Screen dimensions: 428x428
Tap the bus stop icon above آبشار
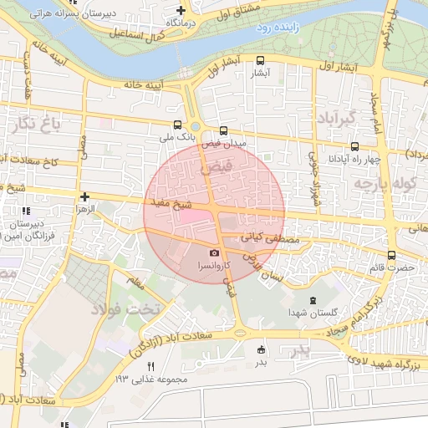(261, 60)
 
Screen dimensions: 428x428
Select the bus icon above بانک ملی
(176, 124)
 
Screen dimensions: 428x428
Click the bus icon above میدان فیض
(222, 130)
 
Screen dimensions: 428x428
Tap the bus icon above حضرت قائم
(392, 256)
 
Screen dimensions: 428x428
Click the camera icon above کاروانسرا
(215, 252)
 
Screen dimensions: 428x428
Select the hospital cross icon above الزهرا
(84, 197)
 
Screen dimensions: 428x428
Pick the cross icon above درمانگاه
(181, 11)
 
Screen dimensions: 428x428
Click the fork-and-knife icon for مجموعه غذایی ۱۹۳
(151, 366)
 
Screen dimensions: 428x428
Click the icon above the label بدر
(261, 350)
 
